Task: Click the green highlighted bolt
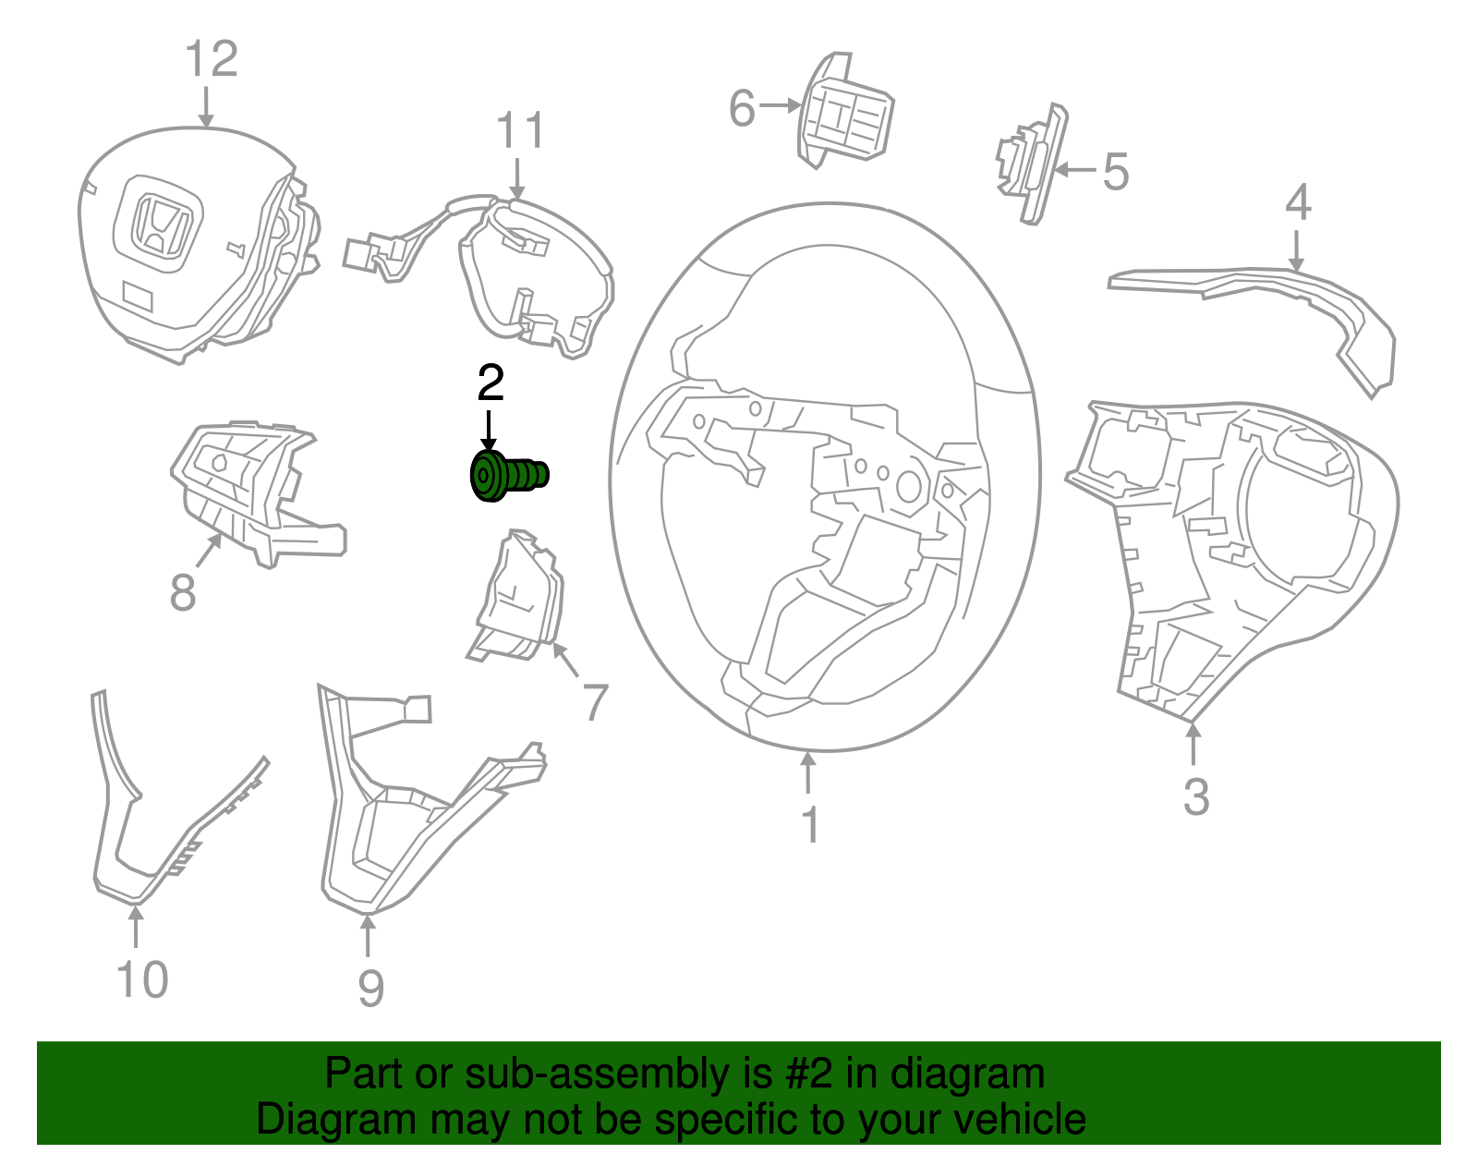coord(507,476)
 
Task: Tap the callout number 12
coord(212,59)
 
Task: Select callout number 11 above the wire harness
coord(521,131)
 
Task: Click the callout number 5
coord(1116,172)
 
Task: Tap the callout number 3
coord(1195,796)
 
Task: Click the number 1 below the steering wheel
coord(810,825)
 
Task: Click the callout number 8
coord(183,591)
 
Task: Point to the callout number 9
coord(370,989)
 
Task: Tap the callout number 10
coord(142,979)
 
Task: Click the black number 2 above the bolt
coord(491,383)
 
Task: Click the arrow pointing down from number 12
coord(206,106)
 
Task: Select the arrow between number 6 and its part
coord(781,106)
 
